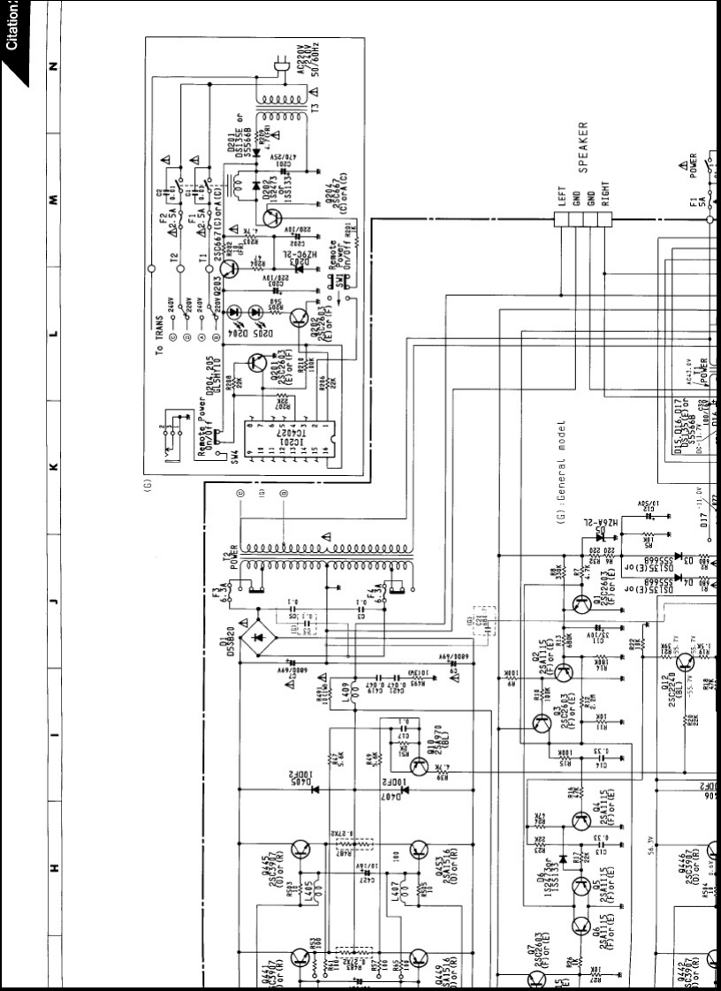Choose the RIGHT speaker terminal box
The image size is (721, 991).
click(605, 219)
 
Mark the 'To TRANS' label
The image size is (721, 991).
click(160, 336)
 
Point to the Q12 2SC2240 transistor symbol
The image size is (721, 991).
click(684, 661)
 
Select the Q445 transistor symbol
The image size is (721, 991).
click(299, 851)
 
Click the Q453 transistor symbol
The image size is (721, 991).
click(419, 851)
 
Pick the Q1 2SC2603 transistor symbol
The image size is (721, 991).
click(581, 604)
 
